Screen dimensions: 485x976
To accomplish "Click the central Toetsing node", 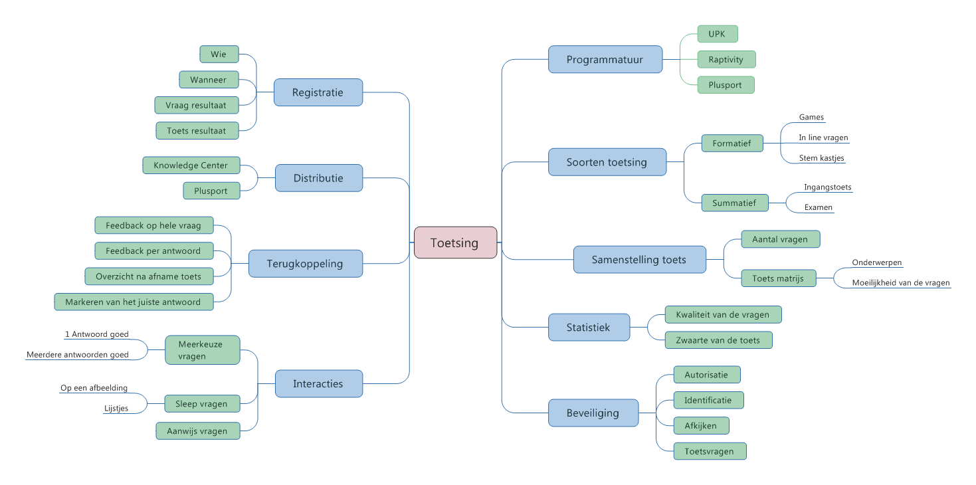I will [x=455, y=242].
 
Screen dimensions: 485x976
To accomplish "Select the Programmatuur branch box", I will [x=605, y=59].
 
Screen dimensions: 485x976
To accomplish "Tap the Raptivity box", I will [x=726, y=59].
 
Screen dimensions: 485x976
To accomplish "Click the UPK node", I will [x=718, y=34].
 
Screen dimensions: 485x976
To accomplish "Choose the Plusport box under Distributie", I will [x=211, y=191].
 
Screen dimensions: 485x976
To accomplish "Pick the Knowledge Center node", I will [x=191, y=165].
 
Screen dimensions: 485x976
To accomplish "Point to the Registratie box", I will [x=318, y=92].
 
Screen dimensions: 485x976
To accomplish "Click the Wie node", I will [x=219, y=54].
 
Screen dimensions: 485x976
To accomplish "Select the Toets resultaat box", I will [x=197, y=131].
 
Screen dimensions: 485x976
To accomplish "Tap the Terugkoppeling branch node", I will [x=305, y=264].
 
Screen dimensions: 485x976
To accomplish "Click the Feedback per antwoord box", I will [x=153, y=251].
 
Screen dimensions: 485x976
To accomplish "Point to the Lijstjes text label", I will [x=116, y=409].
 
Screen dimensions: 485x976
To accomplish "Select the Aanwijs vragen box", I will [x=197, y=431].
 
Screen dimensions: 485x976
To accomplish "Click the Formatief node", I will [x=732, y=144].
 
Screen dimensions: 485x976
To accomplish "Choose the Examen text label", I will [x=818, y=207].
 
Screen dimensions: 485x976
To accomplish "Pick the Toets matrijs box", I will [x=777, y=278].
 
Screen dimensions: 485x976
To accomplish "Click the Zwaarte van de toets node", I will [x=718, y=340].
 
